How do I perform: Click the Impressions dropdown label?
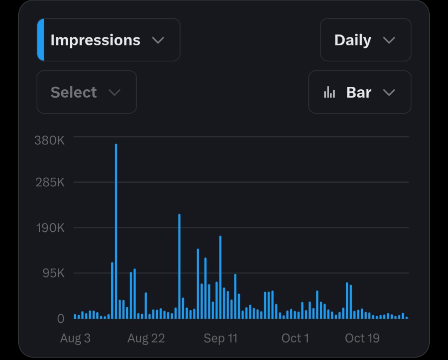[95, 40]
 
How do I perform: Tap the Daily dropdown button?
[366, 40]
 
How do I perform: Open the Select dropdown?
[87, 92]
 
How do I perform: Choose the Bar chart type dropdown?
[360, 92]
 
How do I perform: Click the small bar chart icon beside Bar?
[329, 92]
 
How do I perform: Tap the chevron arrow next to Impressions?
[158, 40]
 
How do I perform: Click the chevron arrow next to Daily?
[389, 40]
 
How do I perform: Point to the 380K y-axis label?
[50, 140]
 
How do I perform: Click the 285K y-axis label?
[50, 182]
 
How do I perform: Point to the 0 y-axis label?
[61, 319]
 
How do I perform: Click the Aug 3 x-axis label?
[76, 338]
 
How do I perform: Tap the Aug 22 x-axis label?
[146, 338]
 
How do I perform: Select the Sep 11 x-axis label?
[220, 338]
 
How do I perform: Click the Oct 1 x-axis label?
[295, 338]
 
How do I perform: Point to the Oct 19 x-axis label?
[362, 338]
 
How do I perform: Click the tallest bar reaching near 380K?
[116, 231]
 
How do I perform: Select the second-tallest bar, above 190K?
[179, 266]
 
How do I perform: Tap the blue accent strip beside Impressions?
[41, 40]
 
